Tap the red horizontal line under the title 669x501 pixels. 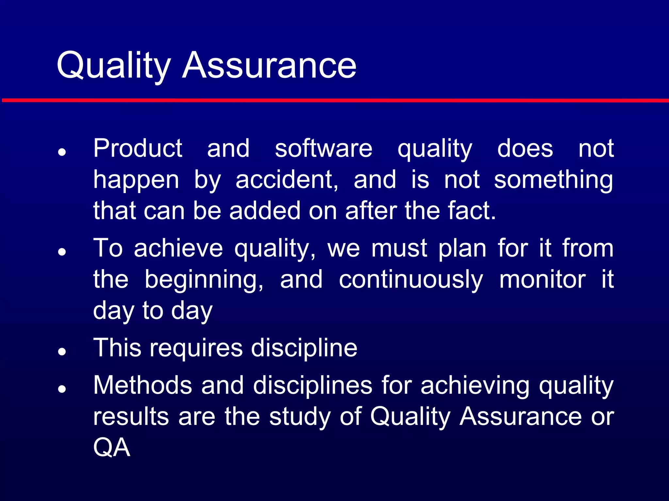click(x=334, y=100)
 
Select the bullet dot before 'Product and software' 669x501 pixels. click(x=62, y=152)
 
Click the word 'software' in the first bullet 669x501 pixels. click(x=323, y=148)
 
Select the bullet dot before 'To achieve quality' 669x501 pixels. click(x=62, y=252)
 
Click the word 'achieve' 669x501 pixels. click(x=178, y=248)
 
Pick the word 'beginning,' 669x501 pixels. click(x=204, y=280)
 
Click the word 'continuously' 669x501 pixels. click(x=411, y=280)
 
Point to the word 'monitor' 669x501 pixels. click(x=542, y=280)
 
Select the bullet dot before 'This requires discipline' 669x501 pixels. click(x=62, y=352)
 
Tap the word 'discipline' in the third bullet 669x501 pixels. click(x=304, y=348)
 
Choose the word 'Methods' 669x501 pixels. click(x=142, y=385)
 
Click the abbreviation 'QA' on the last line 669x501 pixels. click(x=112, y=448)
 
